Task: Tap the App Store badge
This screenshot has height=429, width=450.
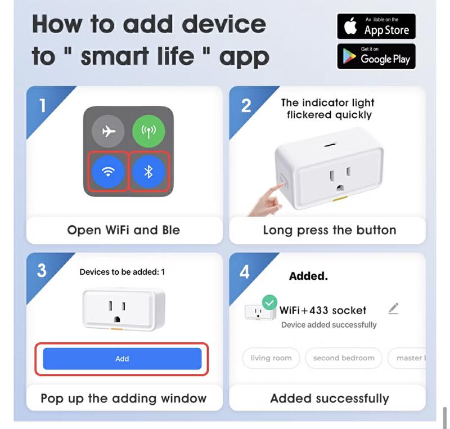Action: (x=376, y=26)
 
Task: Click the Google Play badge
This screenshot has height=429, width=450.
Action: (x=376, y=56)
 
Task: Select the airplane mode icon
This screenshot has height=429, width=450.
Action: (x=108, y=131)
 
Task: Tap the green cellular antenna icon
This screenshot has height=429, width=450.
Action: (x=148, y=131)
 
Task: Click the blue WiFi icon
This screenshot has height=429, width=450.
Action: (x=108, y=172)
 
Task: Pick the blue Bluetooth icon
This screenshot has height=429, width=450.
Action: (x=148, y=172)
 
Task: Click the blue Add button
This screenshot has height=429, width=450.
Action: (x=122, y=359)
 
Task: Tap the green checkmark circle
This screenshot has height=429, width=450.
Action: (x=269, y=303)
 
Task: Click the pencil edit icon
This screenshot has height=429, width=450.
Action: (x=393, y=309)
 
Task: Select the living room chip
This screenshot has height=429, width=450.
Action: (x=271, y=358)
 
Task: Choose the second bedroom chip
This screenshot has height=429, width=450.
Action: (x=344, y=358)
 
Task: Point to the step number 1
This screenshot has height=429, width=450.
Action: (x=43, y=106)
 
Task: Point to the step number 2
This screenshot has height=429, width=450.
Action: (x=246, y=106)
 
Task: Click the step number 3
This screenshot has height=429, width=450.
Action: (x=42, y=270)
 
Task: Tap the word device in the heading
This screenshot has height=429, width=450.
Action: (x=224, y=24)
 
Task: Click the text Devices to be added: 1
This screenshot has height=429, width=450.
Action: (x=122, y=272)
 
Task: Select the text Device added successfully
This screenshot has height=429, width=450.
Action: (x=329, y=325)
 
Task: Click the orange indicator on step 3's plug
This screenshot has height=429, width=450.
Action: (x=117, y=329)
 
